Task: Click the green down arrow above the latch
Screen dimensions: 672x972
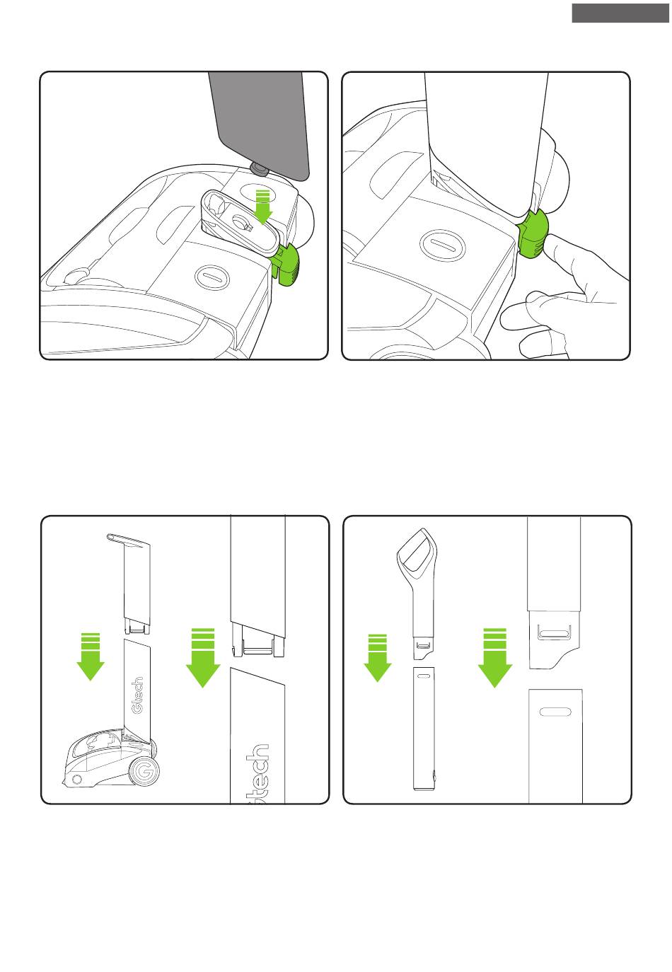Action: (x=262, y=207)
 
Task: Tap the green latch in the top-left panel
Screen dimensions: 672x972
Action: (x=286, y=264)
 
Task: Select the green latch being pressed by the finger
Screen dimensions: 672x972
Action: (x=533, y=233)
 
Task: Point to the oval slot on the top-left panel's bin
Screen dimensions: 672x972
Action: (x=212, y=277)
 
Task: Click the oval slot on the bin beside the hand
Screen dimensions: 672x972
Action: (x=443, y=245)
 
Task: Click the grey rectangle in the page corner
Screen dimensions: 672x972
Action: (x=620, y=13)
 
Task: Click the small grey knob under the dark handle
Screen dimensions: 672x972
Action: (x=260, y=169)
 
